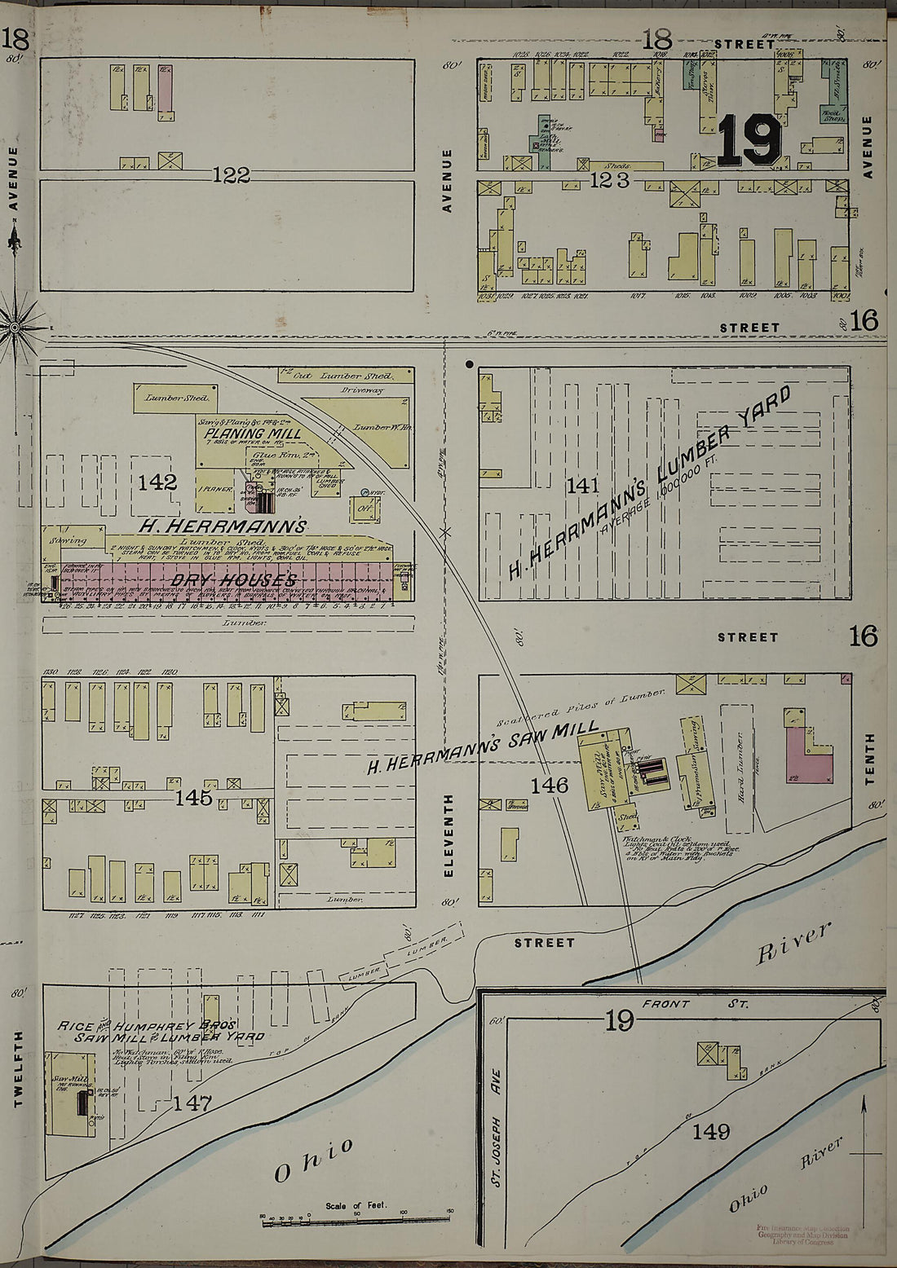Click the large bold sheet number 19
click(x=750, y=139)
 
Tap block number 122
click(x=232, y=174)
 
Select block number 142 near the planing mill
click(x=157, y=482)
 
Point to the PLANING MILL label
click(x=241, y=434)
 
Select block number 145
click(x=193, y=797)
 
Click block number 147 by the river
click(x=193, y=1103)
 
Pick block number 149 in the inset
click(x=712, y=1131)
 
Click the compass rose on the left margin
click(x=14, y=328)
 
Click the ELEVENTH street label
click(x=448, y=835)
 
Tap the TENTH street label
click(x=869, y=759)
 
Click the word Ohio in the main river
click(x=314, y=1160)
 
